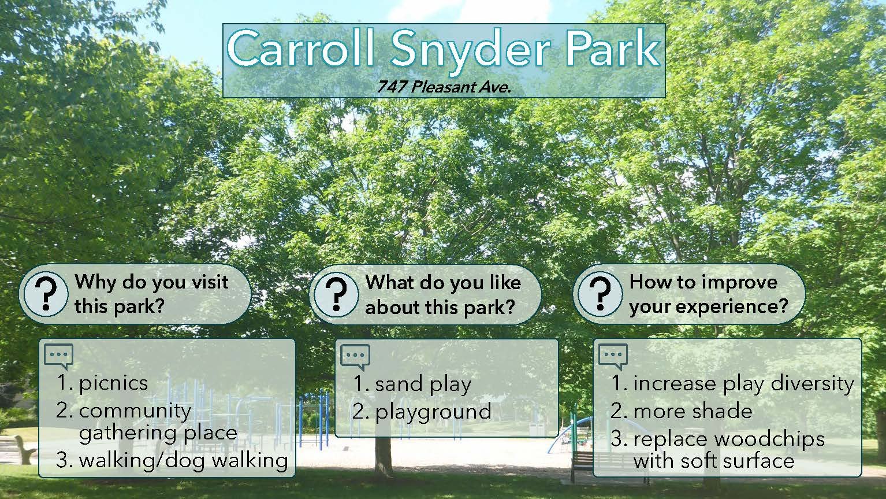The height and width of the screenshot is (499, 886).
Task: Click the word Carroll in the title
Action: (300, 49)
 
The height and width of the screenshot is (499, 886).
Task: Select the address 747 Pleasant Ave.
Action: (444, 87)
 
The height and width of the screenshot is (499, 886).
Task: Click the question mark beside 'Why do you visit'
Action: (46, 294)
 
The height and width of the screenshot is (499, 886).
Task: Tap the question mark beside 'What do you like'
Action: (336, 294)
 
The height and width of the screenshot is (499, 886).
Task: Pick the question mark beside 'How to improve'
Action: (600, 294)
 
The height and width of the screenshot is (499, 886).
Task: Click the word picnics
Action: (113, 383)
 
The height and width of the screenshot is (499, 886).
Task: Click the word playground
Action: (433, 412)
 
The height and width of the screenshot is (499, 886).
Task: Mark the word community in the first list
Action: (135, 411)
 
